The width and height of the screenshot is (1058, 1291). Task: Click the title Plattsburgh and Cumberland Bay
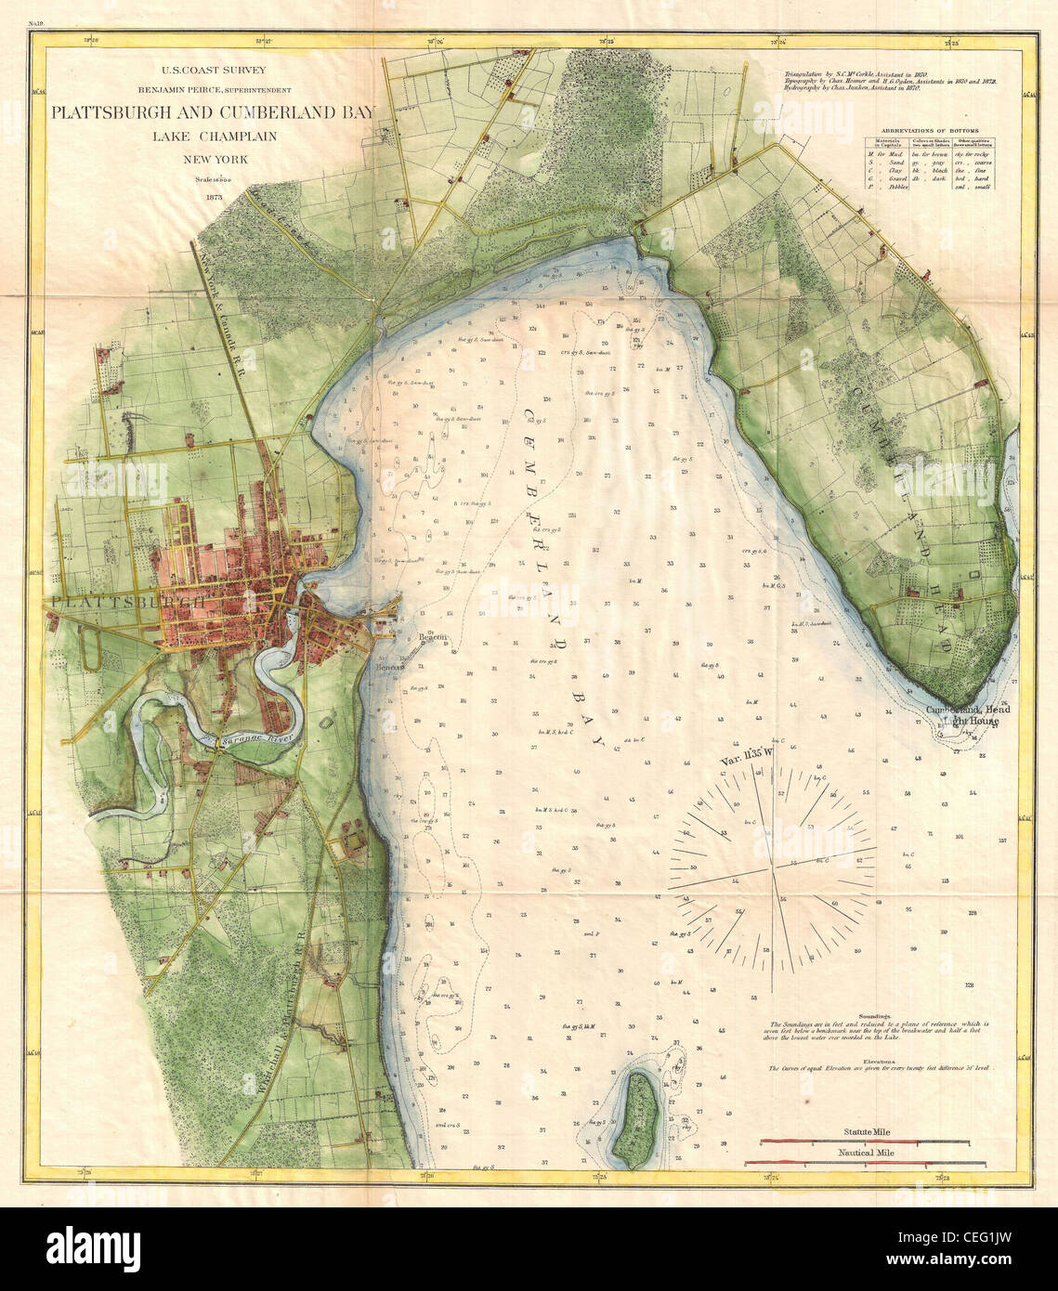click(x=213, y=113)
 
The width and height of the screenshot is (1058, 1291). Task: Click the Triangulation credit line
click(x=864, y=72)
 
